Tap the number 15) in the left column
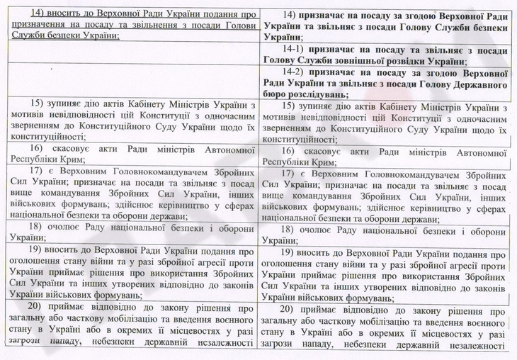[40, 106]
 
